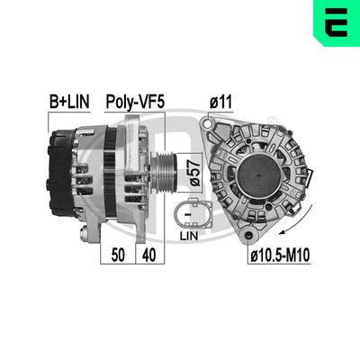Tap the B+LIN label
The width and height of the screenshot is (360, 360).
tap(68, 101)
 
